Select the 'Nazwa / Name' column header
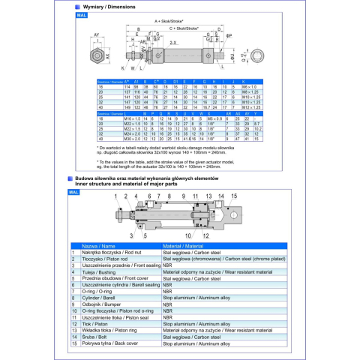click(x=98, y=245)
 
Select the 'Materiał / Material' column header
click(x=184, y=245)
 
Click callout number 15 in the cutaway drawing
click(x=233, y=195)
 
